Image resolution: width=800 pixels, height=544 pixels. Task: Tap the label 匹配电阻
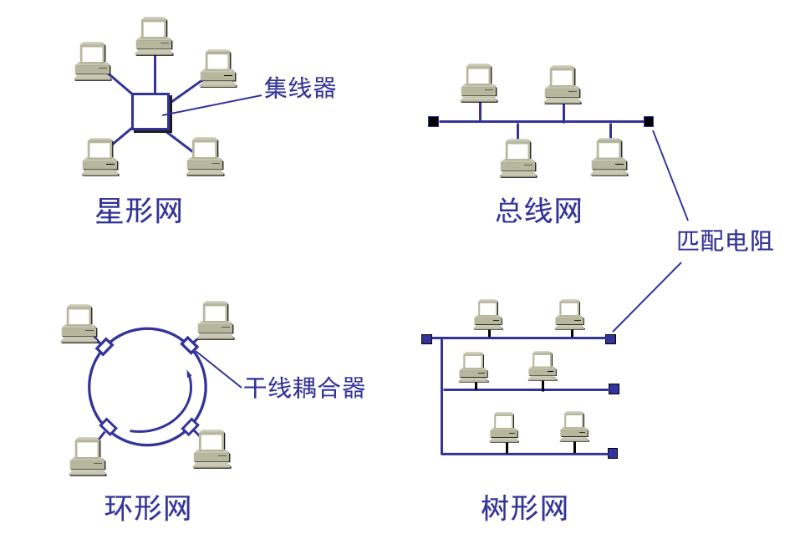(x=725, y=241)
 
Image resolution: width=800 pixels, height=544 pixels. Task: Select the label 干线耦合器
(x=305, y=388)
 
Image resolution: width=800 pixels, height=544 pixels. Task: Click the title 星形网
(x=139, y=211)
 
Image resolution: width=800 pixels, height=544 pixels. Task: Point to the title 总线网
(x=538, y=211)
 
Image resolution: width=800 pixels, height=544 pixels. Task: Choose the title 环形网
(x=148, y=508)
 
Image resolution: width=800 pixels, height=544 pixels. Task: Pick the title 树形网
(x=525, y=508)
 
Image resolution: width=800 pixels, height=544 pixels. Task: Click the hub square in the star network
(x=150, y=112)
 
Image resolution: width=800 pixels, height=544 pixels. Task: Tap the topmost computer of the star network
(x=155, y=36)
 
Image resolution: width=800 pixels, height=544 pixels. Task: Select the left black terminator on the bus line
(x=433, y=121)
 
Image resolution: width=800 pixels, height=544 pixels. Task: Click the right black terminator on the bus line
(x=649, y=121)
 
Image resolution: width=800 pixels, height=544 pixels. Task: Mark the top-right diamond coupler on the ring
(x=190, y=344)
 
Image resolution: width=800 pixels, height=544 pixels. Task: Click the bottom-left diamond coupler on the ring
(x=108, y=427)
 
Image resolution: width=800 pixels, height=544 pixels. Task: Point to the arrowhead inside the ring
(x=190, y=375)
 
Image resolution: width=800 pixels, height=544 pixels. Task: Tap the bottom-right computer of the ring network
(x=212, y=449)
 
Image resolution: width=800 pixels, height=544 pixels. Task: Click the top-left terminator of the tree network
(x=426, y=338)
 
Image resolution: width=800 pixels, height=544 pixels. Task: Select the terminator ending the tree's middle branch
(x=614, y=389)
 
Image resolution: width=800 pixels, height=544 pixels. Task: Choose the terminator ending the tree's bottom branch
(x=613, y=453)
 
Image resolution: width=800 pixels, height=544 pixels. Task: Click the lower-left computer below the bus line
(x=518, y=158)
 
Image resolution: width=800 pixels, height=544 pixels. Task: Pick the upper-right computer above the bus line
(x=563, y=84)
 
